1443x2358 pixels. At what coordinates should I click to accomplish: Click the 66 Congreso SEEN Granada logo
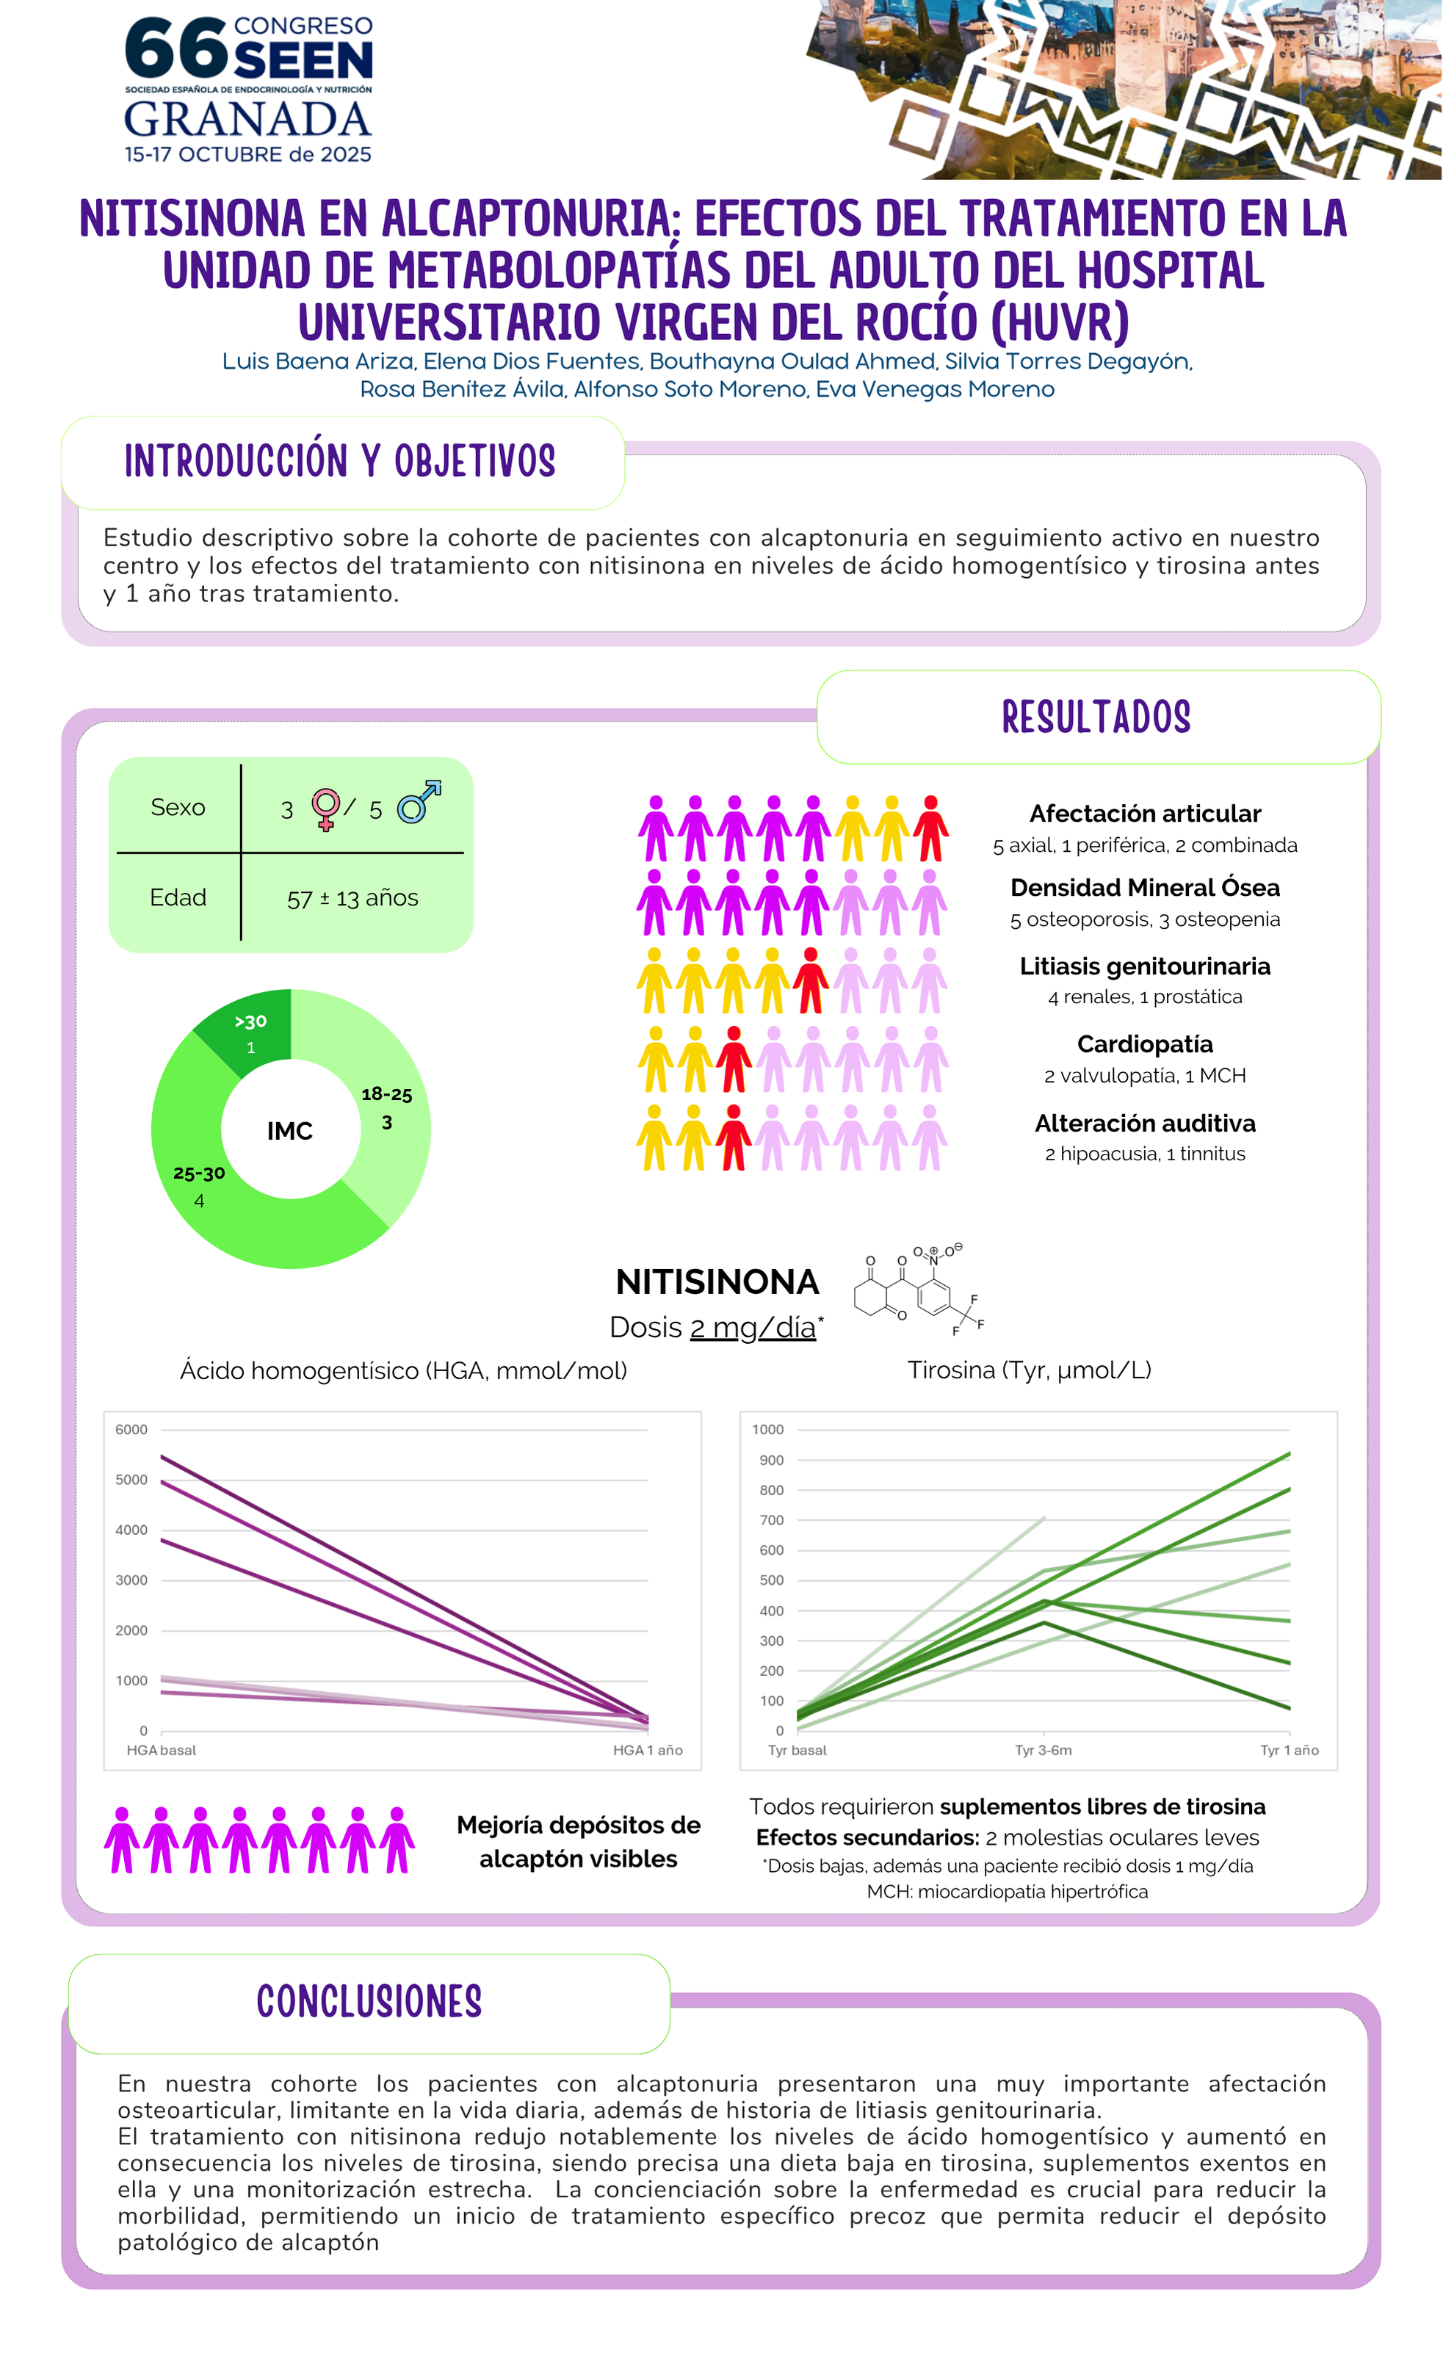247,89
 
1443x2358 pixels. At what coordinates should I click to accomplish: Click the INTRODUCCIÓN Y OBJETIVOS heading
340,461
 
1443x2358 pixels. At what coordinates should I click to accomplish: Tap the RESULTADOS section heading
1096,717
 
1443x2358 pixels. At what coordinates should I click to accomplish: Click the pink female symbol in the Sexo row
325,809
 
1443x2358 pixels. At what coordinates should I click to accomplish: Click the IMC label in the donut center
290,1131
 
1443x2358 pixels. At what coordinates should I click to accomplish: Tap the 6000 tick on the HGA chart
131,1430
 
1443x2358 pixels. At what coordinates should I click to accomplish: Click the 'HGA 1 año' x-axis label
648,1750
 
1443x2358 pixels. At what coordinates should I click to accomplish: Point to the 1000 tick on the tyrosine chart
767,1430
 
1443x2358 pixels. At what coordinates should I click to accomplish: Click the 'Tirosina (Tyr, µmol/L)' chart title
1029,1370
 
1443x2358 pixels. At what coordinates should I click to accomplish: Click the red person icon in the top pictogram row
930,829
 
